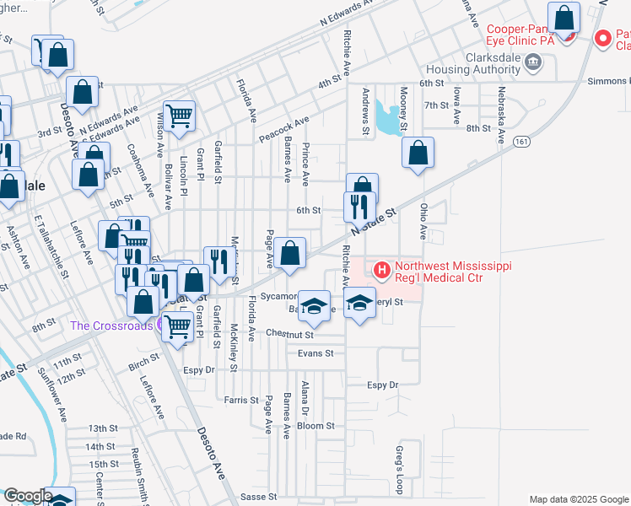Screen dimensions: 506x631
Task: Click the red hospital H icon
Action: pyautogui.click(x=381, y=271)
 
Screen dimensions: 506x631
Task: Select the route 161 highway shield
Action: pyautogui.click(x=525, y=140)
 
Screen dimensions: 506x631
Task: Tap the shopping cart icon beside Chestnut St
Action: pyautogui.click(x=176, y=326)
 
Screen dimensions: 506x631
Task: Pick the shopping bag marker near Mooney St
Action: pyautogui.click(x=418, y=153)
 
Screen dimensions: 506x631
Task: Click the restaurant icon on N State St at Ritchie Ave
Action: pyautogui.click(x=359, y=207)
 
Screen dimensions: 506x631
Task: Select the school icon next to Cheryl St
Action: pyautogui.click(x=360, y=303)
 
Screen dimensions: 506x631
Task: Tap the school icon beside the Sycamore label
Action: pyautogui.click(x=314, y=307)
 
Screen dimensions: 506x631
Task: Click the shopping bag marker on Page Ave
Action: pyautogui.click(x=289, y=253)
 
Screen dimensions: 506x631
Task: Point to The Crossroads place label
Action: pyautogui.click(x=111, y=326)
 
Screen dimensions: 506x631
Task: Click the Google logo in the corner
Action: pyautogui.click(x=27, y=496)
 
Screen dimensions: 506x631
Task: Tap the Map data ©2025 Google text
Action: pyautogui.click(x=578, y=499)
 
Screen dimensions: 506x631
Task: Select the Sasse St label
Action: pyautogui.click(x=259, y=497)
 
